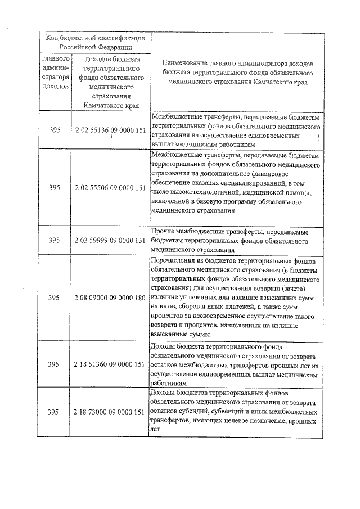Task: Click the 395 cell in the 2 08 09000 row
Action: coord(54,297)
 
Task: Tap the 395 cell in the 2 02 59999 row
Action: coord(54,240)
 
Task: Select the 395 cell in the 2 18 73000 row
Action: coord(54,412)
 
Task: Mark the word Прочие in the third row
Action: coord(165,231)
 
